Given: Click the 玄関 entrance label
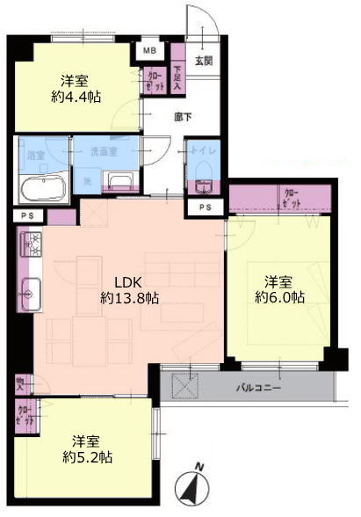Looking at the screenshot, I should tap(203, 61).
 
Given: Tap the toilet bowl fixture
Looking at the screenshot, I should tap(200, 184).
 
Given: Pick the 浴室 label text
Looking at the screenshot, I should tap(35, 155).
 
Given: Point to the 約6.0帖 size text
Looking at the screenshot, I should tap(279, 298).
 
